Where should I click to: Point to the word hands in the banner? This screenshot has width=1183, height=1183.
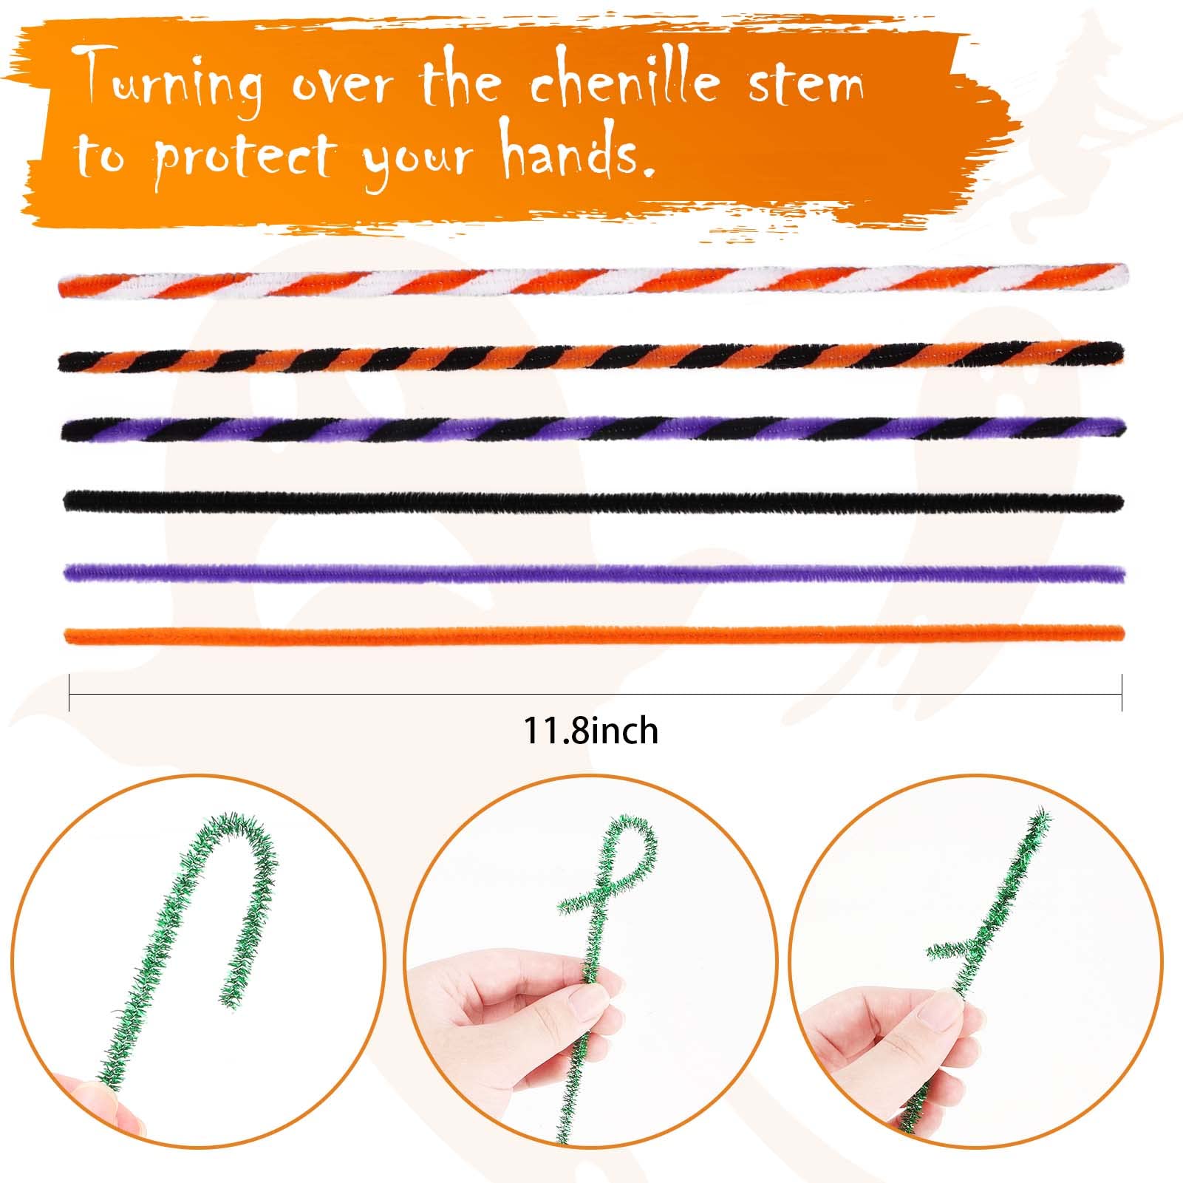pos(572,151)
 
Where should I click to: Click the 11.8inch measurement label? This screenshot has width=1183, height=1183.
pos(591,731)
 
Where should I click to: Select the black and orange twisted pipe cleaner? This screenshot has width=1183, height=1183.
pos(591,357)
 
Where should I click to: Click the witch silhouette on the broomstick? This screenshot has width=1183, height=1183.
pos(1101,126)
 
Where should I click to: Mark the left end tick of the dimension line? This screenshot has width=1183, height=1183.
pos(69,692)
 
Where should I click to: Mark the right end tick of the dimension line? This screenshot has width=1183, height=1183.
pos(1122,692)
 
